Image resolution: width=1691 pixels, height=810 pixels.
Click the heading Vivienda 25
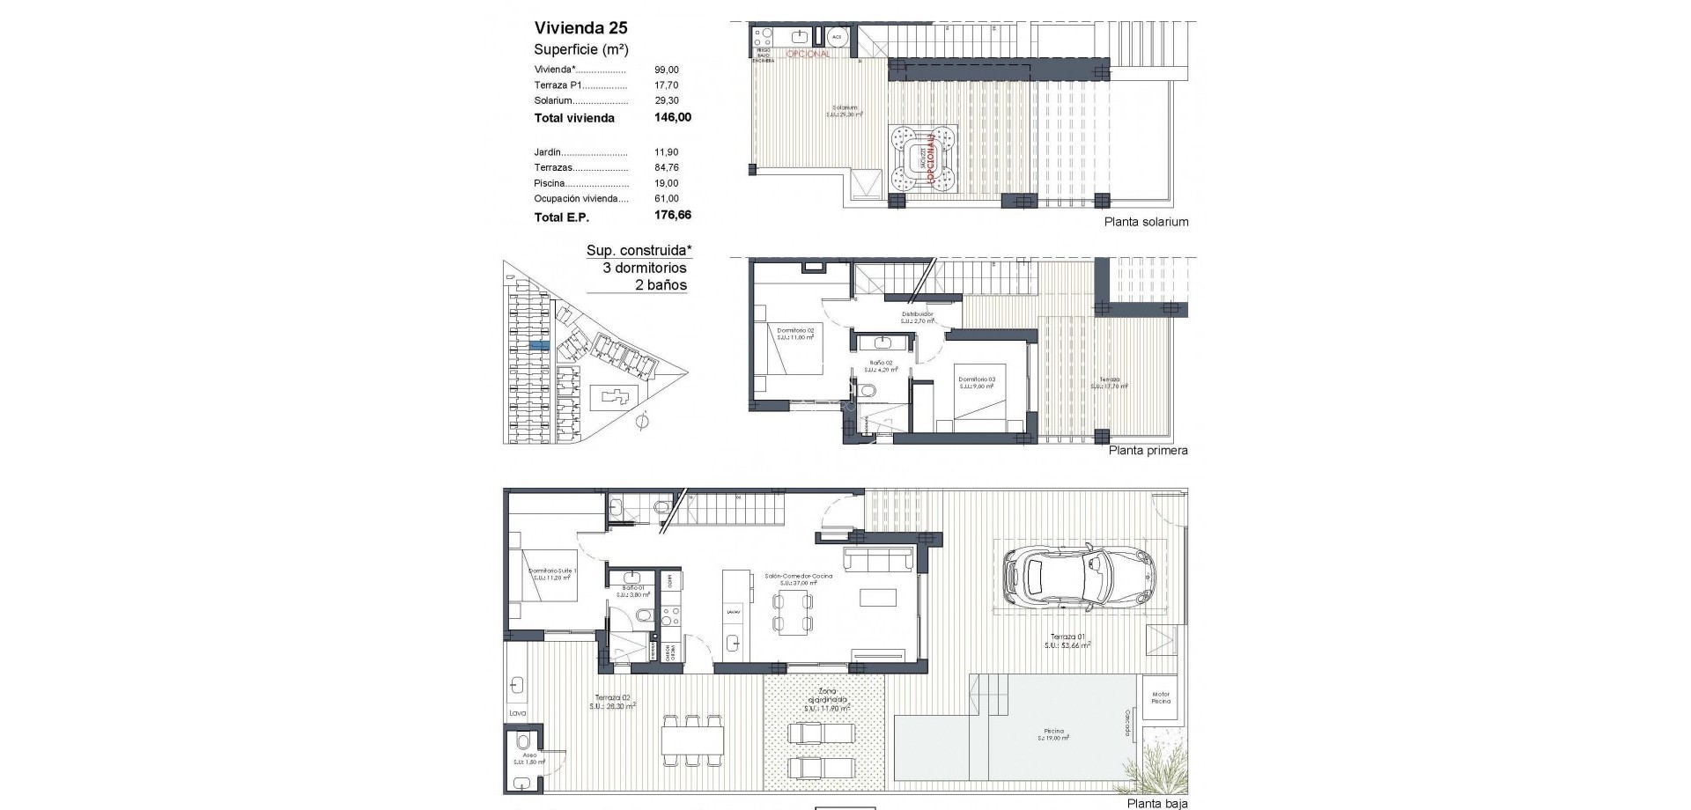point(580,27)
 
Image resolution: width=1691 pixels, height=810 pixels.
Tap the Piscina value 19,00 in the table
point(666,183)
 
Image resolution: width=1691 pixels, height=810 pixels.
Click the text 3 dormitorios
point(644,268)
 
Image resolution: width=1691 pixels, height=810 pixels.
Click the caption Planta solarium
point(1146,222)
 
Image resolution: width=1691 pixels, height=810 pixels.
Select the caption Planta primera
point(1148,451)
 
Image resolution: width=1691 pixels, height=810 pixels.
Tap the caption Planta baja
point(1157,803)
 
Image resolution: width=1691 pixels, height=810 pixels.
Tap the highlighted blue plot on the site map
point(538,346)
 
